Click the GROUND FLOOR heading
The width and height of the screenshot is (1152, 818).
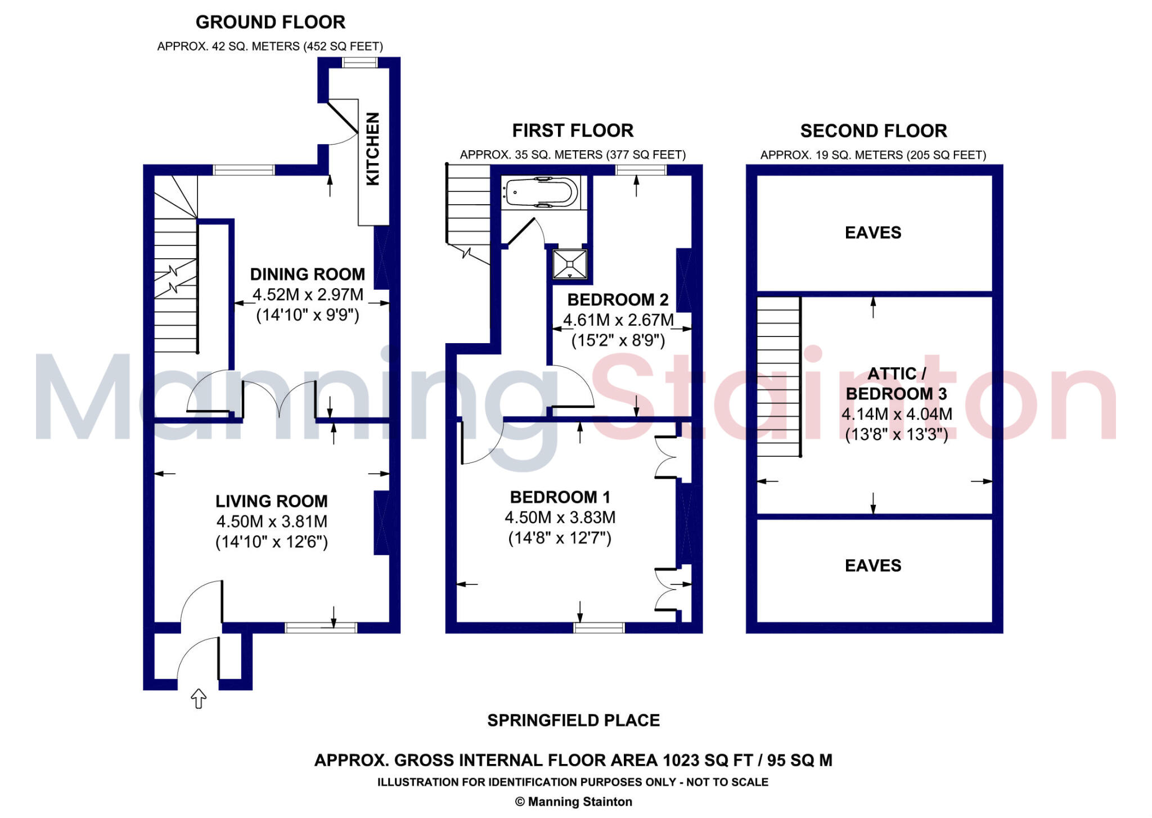coord(270,23)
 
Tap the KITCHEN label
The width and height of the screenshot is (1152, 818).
coord(373,149)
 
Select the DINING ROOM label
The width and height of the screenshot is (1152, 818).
coord(307,275)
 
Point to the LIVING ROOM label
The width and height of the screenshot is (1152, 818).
coord(271,501)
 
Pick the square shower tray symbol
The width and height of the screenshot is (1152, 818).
coord(570,264)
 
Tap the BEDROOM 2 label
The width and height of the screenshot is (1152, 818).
coord(618,300)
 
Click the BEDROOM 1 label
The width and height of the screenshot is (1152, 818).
coord(560,497)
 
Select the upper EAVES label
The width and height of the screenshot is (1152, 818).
coord(873,233)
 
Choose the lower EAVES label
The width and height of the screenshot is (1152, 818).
coord(873,566)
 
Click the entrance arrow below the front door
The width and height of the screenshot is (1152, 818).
coord(199,699)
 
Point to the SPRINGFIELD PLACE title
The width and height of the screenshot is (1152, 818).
coord(573,721)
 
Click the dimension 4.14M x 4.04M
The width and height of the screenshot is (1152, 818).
coord(897,415)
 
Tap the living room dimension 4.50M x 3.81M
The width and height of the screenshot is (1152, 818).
coord(271,522)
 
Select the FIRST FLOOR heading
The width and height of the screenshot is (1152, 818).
coord(573,131)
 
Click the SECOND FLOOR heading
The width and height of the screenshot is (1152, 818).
coord(873,131)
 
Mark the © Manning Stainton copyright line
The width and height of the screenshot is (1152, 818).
coord(573,802)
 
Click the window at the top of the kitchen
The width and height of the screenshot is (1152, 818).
coord(360,62)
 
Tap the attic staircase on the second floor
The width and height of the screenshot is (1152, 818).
coord(778,377)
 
